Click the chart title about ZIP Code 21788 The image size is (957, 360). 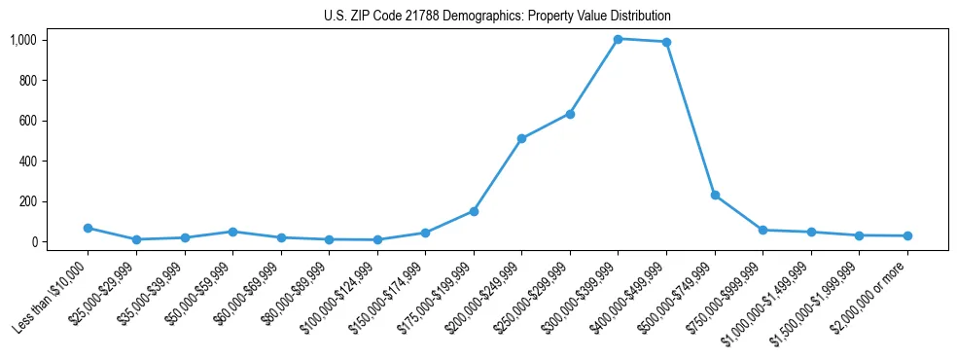[497, 17]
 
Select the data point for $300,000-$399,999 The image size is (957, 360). [618, 39]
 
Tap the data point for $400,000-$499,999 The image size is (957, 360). [666, 42]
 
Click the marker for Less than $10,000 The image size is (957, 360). [88, 228]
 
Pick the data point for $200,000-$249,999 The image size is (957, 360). [521, 138]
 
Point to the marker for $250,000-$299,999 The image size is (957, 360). [570, 114]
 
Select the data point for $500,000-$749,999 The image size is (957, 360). [715, 195]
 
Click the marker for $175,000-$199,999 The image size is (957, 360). [474, 211]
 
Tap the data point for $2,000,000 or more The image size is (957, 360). [907, 235]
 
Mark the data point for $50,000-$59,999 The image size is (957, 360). [232, 232]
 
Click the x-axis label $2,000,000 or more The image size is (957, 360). [868, 298]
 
